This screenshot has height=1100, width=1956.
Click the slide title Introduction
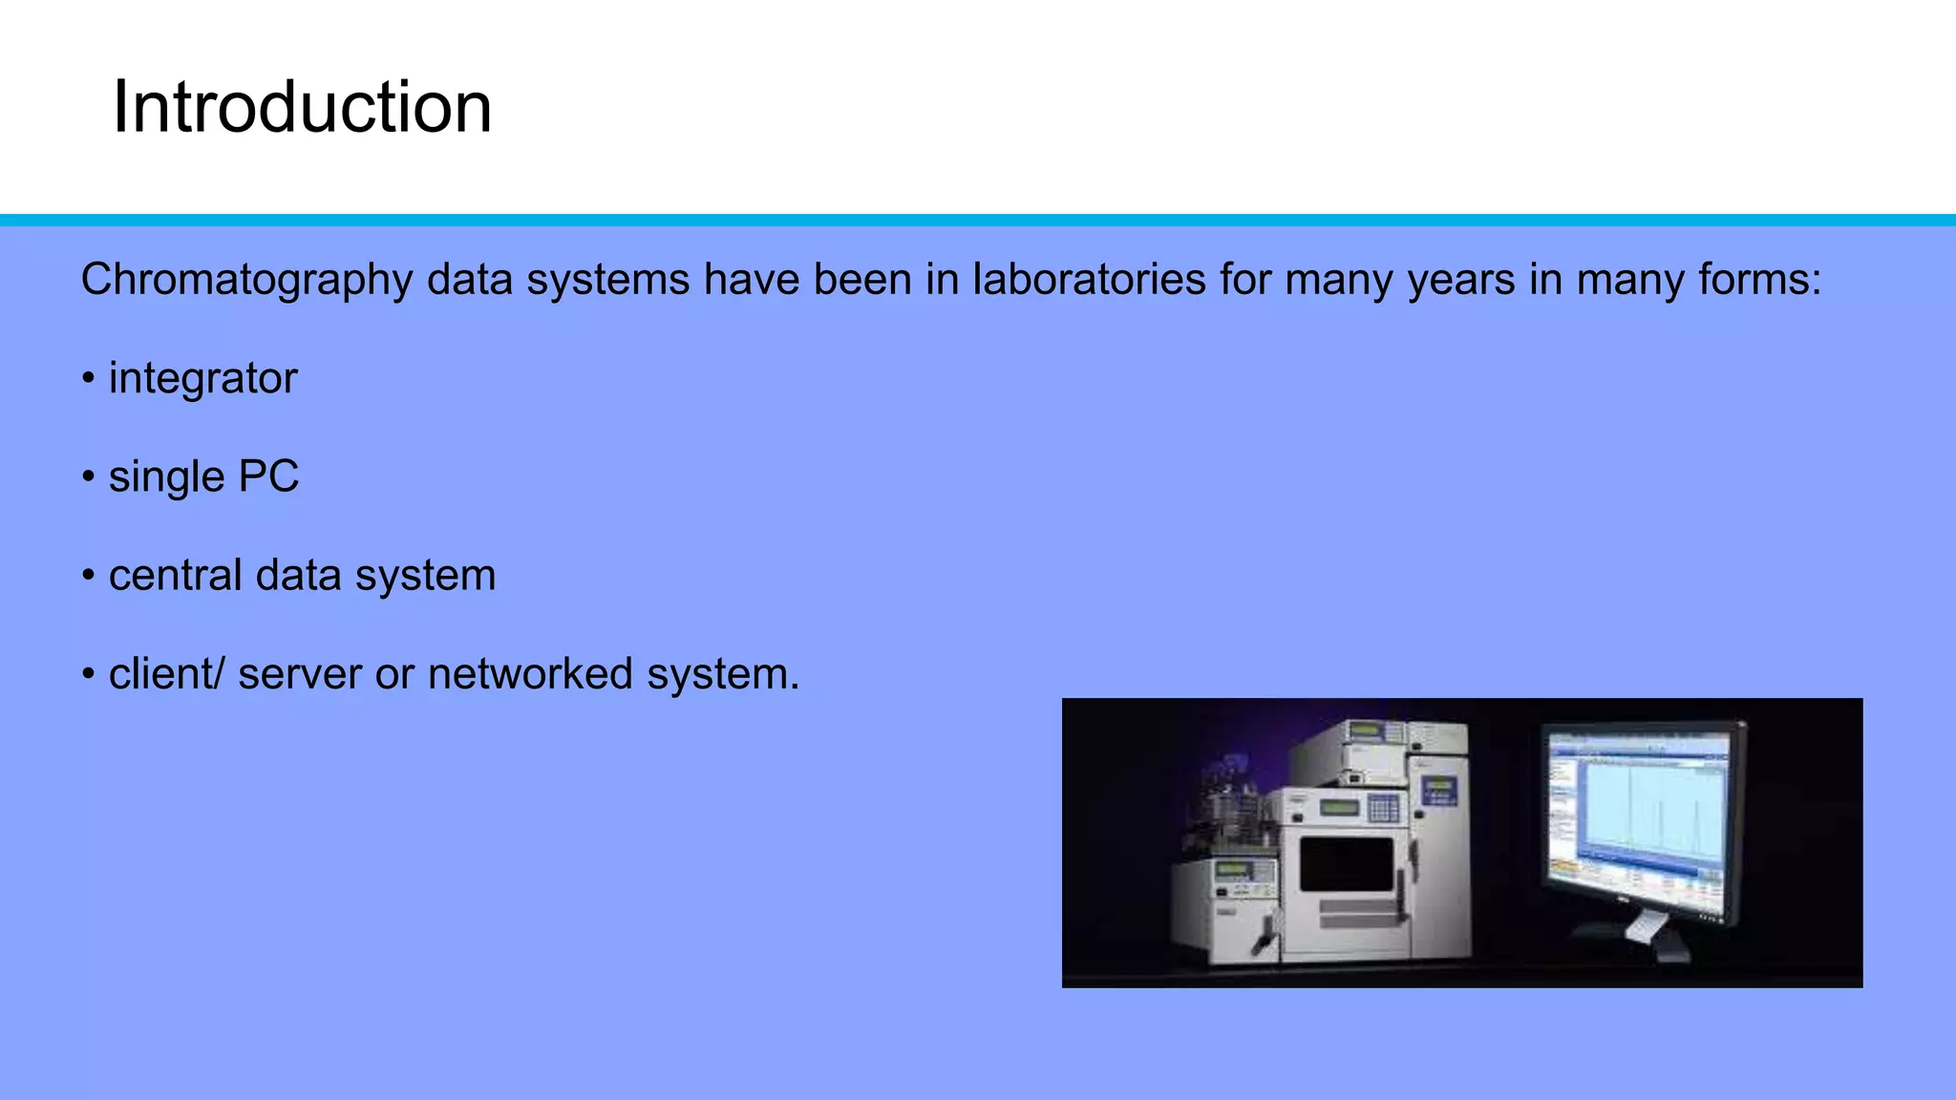(302, 107)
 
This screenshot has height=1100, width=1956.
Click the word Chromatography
(246, 281)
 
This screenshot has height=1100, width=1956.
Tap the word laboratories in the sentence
(1089, 280)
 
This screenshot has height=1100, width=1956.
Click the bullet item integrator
(202, 379)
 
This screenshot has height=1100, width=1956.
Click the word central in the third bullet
(175, 576)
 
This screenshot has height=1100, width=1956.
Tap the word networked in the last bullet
(530, 674)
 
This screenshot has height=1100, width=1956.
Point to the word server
(300, 675)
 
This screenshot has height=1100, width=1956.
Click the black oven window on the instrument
(1346, 864)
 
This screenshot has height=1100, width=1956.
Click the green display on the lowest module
(1232, 871)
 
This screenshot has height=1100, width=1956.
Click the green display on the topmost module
(1366, 731)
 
